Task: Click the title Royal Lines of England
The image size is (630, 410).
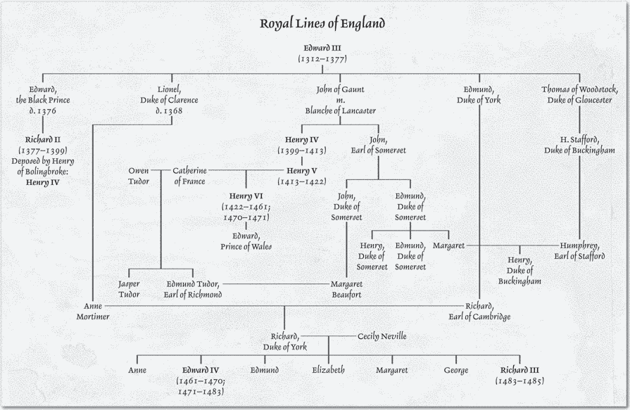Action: pyautogui.click(x=322, y=23)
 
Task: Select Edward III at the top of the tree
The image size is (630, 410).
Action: pyautogui.click(x=322, y=48)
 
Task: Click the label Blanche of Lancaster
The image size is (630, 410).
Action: pyautogui.click(x=340, y=110)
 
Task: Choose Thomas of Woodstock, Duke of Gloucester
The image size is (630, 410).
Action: pyautogui.click(x=580, y=95)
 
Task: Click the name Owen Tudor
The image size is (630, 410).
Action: pyautogui.click(x=138, y=175)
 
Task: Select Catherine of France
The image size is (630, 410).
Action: pyautogui.click(x=190, y=175)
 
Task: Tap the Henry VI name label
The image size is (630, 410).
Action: pyautogui.click(x=246, y=195)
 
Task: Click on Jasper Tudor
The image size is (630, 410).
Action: pyautogui.click(x=128, y=289)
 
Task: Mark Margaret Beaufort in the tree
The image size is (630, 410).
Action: pyautogui.click(x=346, y=289)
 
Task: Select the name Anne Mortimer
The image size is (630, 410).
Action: pyautogui.click(x=93, y=311)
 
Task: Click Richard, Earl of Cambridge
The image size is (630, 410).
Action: pyautogui.click(x=488, y=311)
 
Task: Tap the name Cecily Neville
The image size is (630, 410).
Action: pyautogui.click(x=382, y=336)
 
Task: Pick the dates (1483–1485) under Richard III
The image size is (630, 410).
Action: pyautogui.click(x=519, y=380)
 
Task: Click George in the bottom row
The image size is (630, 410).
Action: pyautogui.click(x=456, y=370)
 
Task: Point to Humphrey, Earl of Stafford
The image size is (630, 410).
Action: pyautogui.click(x=580, y=250)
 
